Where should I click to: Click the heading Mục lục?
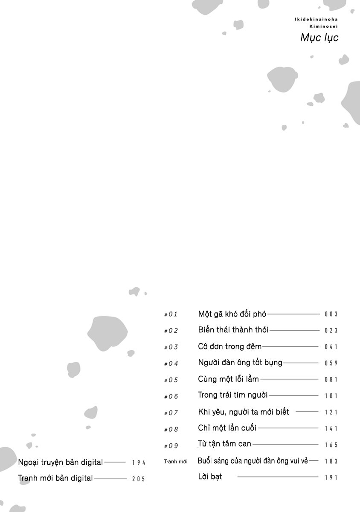[319, 38]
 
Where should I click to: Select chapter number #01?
[171, 314]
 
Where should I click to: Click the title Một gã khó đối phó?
[232, 314]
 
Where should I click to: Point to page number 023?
[331, 331]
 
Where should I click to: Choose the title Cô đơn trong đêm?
[230, 346]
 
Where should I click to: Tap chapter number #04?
[171, 364]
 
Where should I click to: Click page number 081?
[331, 380]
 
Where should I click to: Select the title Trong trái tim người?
[233, 395]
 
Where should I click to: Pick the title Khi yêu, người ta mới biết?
[244, 412]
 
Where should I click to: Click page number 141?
[331, 429]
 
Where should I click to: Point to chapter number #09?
[171, 446]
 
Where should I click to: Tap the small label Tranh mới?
[176, 461]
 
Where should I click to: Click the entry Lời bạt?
[210, 477]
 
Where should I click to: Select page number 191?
[331, 478]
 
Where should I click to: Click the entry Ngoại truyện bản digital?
[61, 462]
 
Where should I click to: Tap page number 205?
[139, 479]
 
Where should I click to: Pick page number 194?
[139, 463]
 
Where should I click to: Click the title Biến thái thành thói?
[233, 330]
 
